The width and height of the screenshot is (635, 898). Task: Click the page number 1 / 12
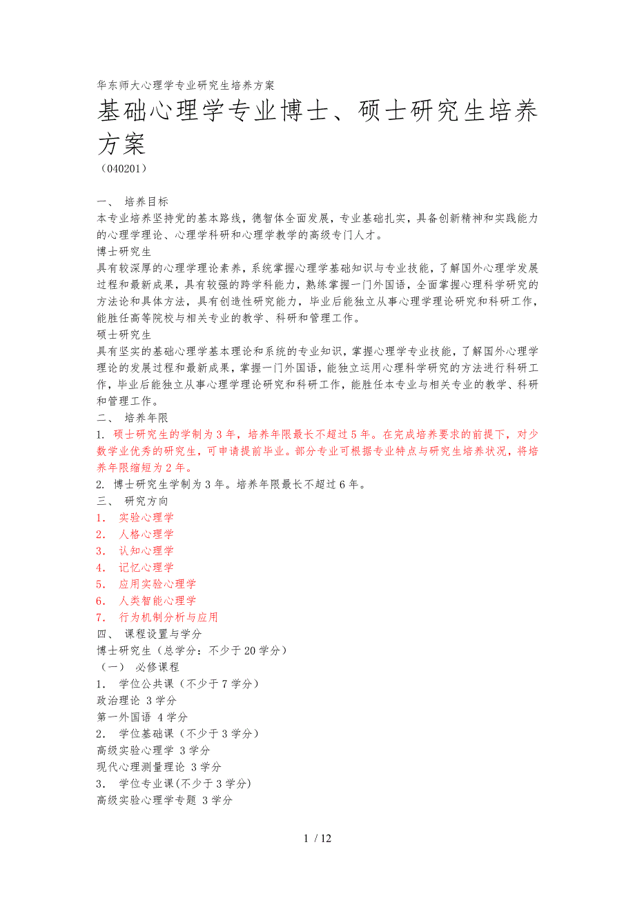(x=317, y=839)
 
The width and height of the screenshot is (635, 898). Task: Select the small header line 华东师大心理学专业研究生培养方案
(x=186, y=86)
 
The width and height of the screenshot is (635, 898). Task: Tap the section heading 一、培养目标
(x=133, y=202)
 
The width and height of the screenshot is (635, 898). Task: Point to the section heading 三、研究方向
(x=133, y=501)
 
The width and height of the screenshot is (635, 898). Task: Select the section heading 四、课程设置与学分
(x=149, y=634)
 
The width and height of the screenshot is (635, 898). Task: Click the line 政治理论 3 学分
(x=137, y=700)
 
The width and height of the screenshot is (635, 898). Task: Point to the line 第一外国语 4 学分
(x=142, y=717)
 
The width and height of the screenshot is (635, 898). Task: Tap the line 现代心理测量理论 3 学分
(x=159, y=766)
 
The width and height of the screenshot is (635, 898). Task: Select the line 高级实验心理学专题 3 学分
(x=164, y=800)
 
